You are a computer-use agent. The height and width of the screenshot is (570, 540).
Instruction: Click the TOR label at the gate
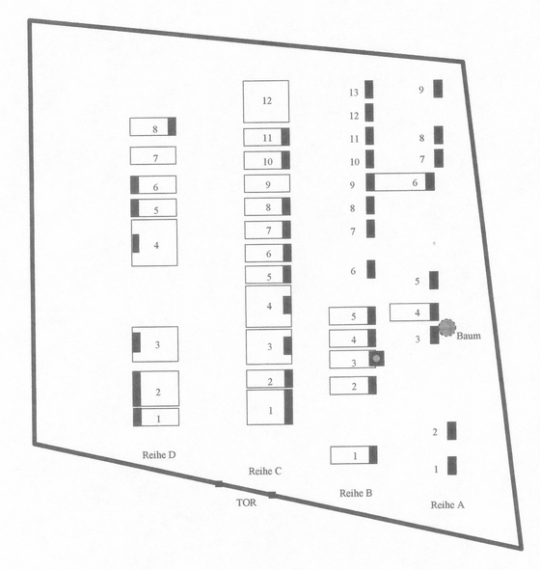(x=247, y=502)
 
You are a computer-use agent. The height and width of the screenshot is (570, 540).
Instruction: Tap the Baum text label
(x=469, y=336)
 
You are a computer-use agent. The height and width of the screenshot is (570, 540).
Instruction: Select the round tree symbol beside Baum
(x=447, y=328)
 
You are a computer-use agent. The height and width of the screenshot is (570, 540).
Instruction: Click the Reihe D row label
(x=159, y=455)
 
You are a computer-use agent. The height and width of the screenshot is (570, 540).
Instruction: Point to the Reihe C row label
(x=265, y=471)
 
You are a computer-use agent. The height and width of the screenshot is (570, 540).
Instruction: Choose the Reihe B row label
(x=356, y=493)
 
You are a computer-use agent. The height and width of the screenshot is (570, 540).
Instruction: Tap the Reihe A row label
(x=447, y=504)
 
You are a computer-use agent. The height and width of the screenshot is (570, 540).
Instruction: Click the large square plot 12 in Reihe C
(x=266, y=101)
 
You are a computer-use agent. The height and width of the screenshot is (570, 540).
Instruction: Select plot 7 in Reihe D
(x=153, y=155)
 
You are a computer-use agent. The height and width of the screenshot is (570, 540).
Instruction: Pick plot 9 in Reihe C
(x=267, y=183)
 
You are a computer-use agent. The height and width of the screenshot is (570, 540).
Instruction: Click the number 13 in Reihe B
(x=354, y=93)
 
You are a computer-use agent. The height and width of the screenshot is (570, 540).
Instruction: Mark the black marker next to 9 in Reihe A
(x=438, y=89)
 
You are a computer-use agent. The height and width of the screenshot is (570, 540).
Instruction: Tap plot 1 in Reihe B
(x=354, y=455)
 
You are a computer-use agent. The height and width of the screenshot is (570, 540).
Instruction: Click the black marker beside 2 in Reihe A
(x=451, y=431)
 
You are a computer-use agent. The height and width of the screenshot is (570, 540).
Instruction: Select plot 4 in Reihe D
(x=154, y=242)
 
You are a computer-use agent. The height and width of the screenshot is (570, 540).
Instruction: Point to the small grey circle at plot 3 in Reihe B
(x=376, y=359)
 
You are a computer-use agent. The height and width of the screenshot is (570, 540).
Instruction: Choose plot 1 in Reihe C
(x=270, y=407)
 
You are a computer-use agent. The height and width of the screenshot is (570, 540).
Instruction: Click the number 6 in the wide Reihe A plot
(x=415, y=182)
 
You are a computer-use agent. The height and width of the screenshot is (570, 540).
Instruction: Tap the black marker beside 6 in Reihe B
(x=371, y=269)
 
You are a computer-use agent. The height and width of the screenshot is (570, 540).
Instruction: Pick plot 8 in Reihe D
(x=153, y=126)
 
